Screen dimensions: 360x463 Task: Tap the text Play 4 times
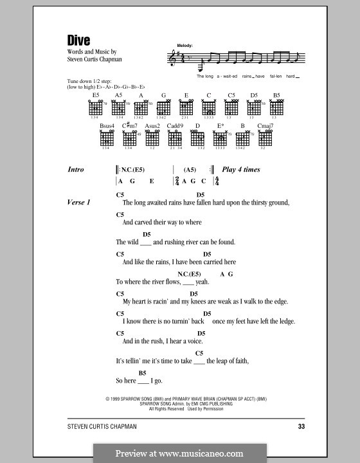tap(241, 170)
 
